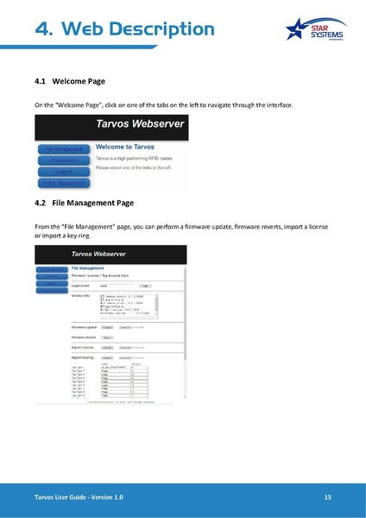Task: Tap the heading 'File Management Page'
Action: (93, 204)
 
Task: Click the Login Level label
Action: (81, 285)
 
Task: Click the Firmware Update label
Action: (85, 327)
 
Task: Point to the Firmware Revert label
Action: (85, 338)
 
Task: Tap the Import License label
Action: (83, 347)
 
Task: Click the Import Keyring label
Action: (83, 357)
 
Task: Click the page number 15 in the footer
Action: (328, 499)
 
